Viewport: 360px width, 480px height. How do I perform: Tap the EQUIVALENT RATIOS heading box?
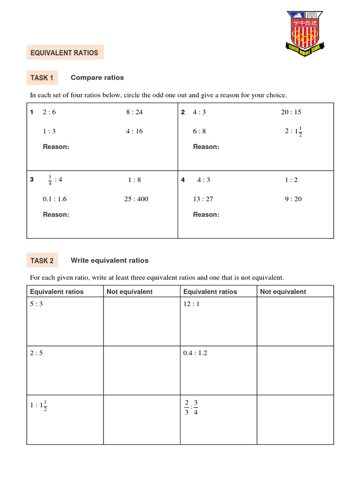(65, 53)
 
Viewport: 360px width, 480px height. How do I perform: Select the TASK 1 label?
(42, 77)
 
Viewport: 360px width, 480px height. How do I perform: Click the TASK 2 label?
(42, 261)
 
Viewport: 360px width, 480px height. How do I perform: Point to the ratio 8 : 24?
(134, 112)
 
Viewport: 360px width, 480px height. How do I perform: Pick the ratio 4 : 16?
(134, 131)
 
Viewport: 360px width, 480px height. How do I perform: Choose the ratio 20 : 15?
(291, 112)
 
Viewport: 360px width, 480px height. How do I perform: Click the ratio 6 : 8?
(199, 131)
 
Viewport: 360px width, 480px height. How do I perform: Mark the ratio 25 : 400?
(136, 199)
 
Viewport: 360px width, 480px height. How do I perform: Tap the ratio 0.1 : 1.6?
(55, 199)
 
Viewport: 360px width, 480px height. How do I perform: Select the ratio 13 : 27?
(203, 199)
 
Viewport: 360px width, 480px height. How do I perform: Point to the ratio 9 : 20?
(293, 199)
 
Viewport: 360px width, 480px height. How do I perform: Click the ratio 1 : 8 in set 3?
(135, 180)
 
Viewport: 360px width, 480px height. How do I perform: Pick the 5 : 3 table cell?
(64, 322)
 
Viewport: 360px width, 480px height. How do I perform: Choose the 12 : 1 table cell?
(218, 322)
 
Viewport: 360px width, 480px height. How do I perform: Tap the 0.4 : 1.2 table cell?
(218, 370)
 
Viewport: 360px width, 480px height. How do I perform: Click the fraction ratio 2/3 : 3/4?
(191, 407)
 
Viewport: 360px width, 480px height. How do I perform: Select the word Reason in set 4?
(206, 215)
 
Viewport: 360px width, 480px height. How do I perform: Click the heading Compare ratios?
(97, 77)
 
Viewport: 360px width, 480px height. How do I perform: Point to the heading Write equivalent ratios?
(109, 260)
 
